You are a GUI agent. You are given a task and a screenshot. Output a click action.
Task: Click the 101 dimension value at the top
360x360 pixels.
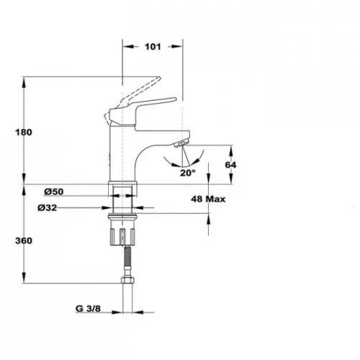coord(153,47)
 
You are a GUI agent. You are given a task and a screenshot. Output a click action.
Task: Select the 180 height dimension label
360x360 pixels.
coord(24,132)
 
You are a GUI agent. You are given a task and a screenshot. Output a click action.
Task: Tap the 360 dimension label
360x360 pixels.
coord(24,240)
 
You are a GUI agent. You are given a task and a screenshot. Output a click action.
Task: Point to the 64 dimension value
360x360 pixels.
coord(230,165)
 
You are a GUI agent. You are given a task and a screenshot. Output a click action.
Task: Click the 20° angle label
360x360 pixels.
coord(188,173)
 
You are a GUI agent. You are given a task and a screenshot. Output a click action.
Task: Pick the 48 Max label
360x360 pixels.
coord(208,199)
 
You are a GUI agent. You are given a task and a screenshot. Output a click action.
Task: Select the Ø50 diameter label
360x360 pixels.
coord(54,192)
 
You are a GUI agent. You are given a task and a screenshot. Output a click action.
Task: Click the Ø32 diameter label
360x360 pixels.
coord(48,207)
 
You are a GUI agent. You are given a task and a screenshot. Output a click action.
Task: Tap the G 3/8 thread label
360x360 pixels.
coord(88,309)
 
